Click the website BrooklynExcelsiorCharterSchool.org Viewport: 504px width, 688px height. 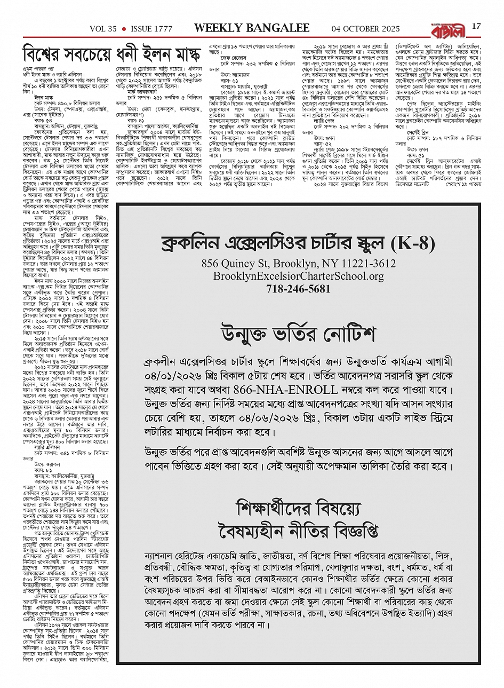pos(298,276)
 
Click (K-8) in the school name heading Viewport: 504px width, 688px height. pos(411,244)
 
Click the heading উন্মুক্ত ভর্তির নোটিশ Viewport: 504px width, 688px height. pos(298,335)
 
